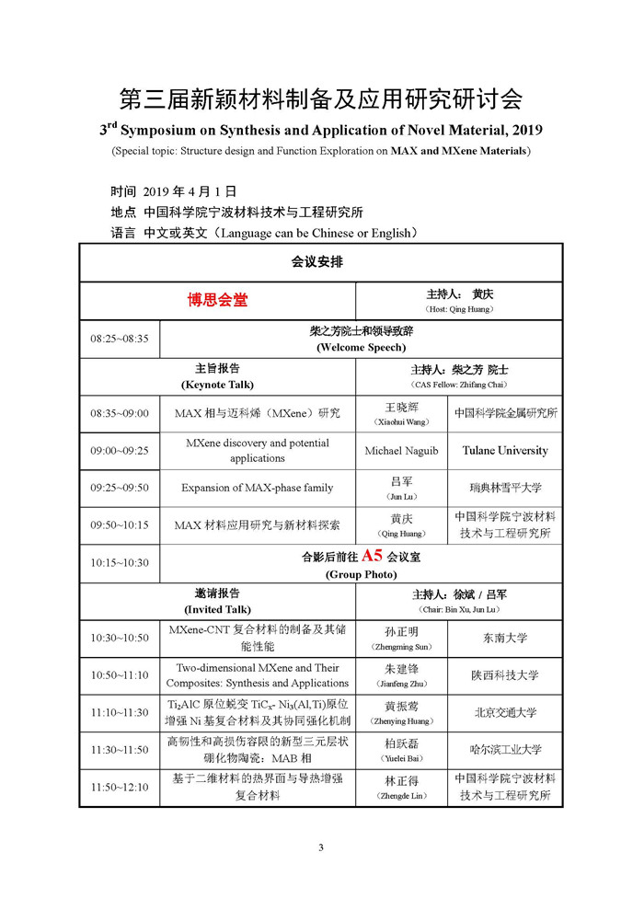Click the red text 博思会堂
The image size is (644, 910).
point(218,300)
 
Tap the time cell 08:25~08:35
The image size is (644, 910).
point(119,339)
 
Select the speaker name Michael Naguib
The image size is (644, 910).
point(401,451)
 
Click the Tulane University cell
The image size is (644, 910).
point(505,451)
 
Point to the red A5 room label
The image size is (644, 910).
point(372,556)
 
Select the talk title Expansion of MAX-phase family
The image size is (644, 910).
point(257,488)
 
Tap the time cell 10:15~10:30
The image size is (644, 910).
point(119,562)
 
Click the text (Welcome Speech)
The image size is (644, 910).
point(361,348)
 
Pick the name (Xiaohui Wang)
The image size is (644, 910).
point(401,421)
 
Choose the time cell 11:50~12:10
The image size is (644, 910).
point(119,788)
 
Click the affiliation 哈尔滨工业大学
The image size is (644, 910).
point(505,750)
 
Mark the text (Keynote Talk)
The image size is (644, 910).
point(217,385)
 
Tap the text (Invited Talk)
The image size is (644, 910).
point(217,609)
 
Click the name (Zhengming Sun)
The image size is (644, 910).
point(401,647)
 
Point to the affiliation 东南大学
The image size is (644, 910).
point(505,638)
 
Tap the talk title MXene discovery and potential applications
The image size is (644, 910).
point(257,451)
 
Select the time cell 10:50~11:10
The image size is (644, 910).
point(119,675)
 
